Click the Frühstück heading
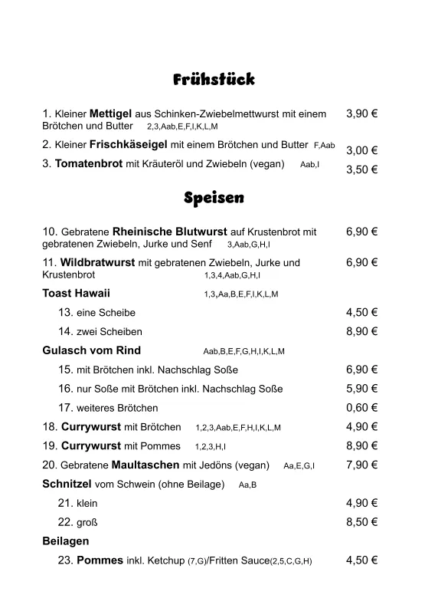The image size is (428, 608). pos(214,80)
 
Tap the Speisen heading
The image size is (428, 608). pos(214,198)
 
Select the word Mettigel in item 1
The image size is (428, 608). pos(111,113)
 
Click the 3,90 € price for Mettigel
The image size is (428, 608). pos(361,113)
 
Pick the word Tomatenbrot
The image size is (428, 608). pos(89,163)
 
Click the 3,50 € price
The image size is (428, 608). pos(361,169)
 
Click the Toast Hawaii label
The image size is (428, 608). pos(77,293)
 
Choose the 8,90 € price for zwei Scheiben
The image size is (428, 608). pos(361,331)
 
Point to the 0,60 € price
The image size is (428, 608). pos(361,408)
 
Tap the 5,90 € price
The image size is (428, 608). pos(361,389)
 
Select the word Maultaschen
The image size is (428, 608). pos(141,465)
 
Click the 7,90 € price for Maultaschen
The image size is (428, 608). pos(361,465)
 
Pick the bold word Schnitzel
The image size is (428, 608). pos(67,484)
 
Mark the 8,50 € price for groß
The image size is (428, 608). pos(361,522)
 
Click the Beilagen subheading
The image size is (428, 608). pos(66,541)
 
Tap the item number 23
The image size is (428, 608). pos(65,560)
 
